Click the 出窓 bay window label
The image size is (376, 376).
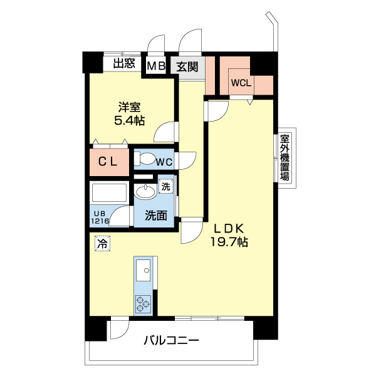click(125, 63)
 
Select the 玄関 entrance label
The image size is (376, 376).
click(187, 66)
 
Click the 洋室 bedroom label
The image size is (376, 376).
click(129, 106)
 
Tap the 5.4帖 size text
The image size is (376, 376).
click(129, 120)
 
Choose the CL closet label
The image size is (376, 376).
click(108, 161)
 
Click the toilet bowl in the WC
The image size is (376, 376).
click(144, 159)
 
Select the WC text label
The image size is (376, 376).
click(164, 162)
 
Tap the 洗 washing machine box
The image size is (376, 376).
click(165, 186)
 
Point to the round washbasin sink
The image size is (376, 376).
click(141, 191)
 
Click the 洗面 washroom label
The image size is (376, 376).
click(156, 216)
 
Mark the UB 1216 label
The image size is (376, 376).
click(100, 216)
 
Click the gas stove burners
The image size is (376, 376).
click(143, 304)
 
